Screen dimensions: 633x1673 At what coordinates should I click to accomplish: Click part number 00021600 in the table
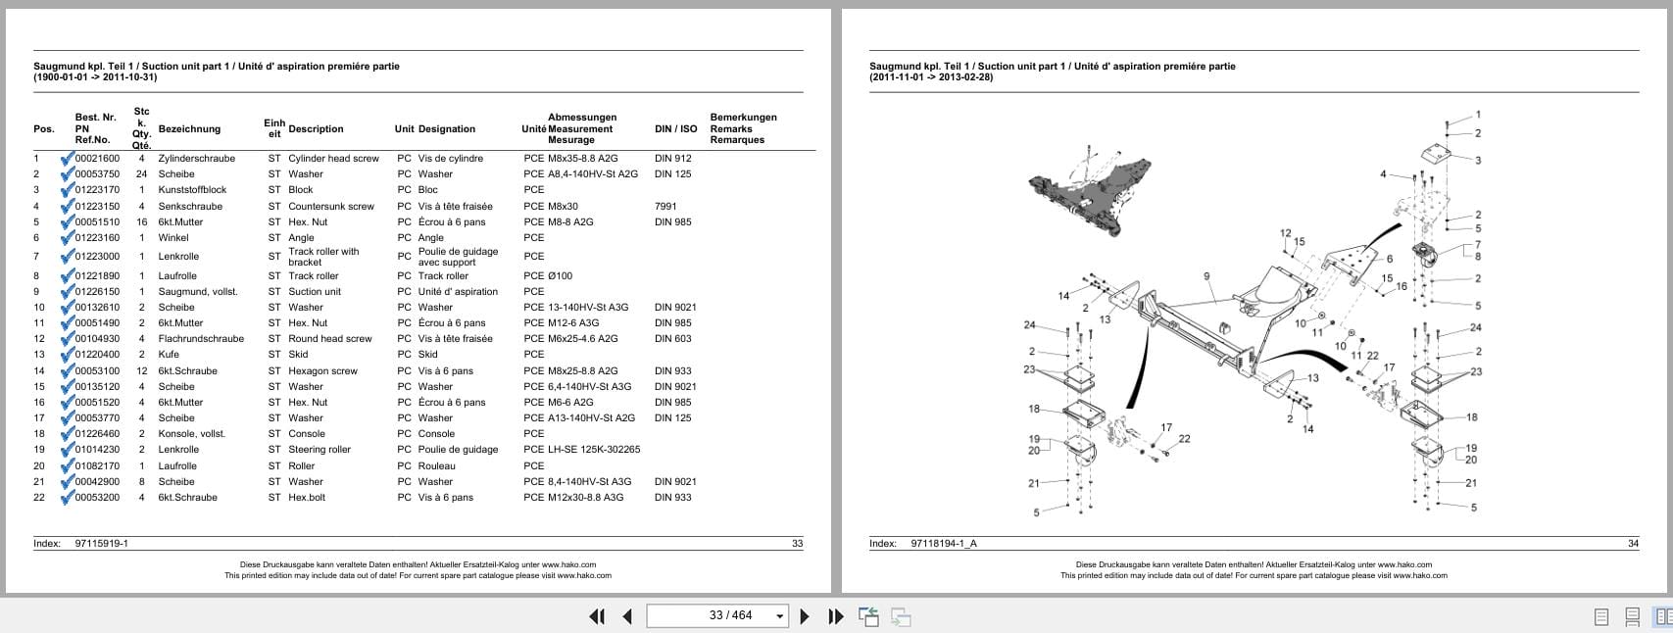[97, 158]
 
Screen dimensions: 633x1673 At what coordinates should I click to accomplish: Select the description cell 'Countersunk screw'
[331, 207]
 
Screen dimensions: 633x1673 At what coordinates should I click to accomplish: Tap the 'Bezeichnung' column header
[189, 128]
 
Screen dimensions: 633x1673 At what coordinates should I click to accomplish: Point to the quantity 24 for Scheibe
[141, 174]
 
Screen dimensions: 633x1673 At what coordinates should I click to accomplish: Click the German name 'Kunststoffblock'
[192, 190]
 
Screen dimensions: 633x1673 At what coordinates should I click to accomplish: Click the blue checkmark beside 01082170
[67, 465]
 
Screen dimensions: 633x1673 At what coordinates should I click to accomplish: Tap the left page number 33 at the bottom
[797, 544]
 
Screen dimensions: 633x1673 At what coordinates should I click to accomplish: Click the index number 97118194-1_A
[943, 544]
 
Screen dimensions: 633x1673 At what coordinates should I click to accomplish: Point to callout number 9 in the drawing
[1206, 276]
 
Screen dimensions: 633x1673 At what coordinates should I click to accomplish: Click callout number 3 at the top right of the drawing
[1477, 161]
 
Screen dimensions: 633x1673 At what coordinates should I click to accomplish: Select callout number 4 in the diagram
[1383, 174]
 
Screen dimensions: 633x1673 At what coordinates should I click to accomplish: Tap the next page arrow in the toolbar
[805, 616]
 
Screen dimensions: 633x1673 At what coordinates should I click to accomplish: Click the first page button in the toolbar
[596, 616]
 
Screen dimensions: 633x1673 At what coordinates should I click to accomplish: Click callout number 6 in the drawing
[1389, 260]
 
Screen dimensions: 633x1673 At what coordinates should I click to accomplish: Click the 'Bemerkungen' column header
[743, 118]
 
